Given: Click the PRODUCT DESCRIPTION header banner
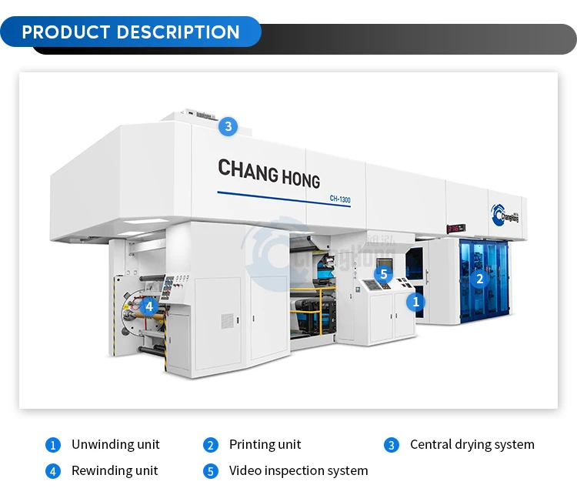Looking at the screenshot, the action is click(131, 32).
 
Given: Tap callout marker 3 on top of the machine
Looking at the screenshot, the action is click(228, 126).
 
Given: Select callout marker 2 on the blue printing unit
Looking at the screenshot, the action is click(480, 279).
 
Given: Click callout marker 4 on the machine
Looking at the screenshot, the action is click(149, 306).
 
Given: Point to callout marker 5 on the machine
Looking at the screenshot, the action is click(384, 273).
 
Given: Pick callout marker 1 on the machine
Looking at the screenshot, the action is click(416, 302).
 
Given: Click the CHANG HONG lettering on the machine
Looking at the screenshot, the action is click(268, 172).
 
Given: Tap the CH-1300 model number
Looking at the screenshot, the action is click(340, 199).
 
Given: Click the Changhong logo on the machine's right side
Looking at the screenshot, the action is click(505, 214).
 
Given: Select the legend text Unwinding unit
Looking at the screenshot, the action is click(115, 444).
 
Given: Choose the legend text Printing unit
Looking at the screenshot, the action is click(265, 444).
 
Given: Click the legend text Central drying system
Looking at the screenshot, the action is click(472, 444).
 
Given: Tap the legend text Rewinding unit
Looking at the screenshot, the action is click(115, 470).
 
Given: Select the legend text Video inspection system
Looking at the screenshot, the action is click(299, 470).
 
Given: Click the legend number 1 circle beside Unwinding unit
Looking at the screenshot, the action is click(53, 445).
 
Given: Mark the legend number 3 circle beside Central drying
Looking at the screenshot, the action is click(392, 445).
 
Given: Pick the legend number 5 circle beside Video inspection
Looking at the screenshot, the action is click(211, 471).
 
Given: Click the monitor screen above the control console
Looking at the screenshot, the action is click(385, 265).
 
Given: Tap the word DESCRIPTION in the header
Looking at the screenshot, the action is click(178, 32).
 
